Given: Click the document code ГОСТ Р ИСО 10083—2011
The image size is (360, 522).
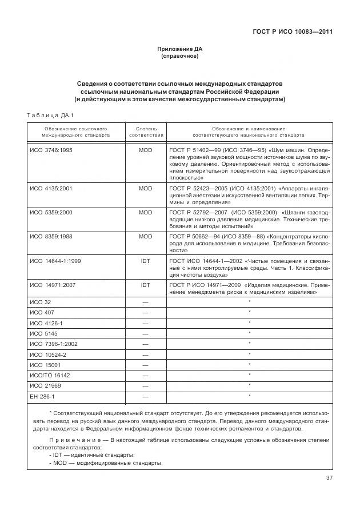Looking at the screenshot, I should coord(293,32).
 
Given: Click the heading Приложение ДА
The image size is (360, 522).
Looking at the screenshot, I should coord(180,49).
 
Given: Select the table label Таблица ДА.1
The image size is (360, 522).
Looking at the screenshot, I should coord(47,116).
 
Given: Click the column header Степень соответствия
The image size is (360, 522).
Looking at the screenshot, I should coord(146,132).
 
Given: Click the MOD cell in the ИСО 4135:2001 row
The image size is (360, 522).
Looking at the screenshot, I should coord(146,188).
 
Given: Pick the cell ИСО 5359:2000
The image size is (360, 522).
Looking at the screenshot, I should coord(51,212).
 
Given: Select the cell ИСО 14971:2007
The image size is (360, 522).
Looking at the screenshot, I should coord(53,284).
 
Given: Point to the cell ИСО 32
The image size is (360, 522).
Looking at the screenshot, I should coord(40,301).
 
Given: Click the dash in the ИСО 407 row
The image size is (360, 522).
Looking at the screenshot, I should coord(146,312).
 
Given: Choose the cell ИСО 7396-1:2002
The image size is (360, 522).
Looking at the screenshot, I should coord(53,344).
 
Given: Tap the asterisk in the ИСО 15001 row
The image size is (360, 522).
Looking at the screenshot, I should coord(250,364).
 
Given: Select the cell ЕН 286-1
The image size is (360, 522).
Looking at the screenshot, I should coord(42,396).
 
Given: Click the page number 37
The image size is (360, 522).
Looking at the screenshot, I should coord(328,478).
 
